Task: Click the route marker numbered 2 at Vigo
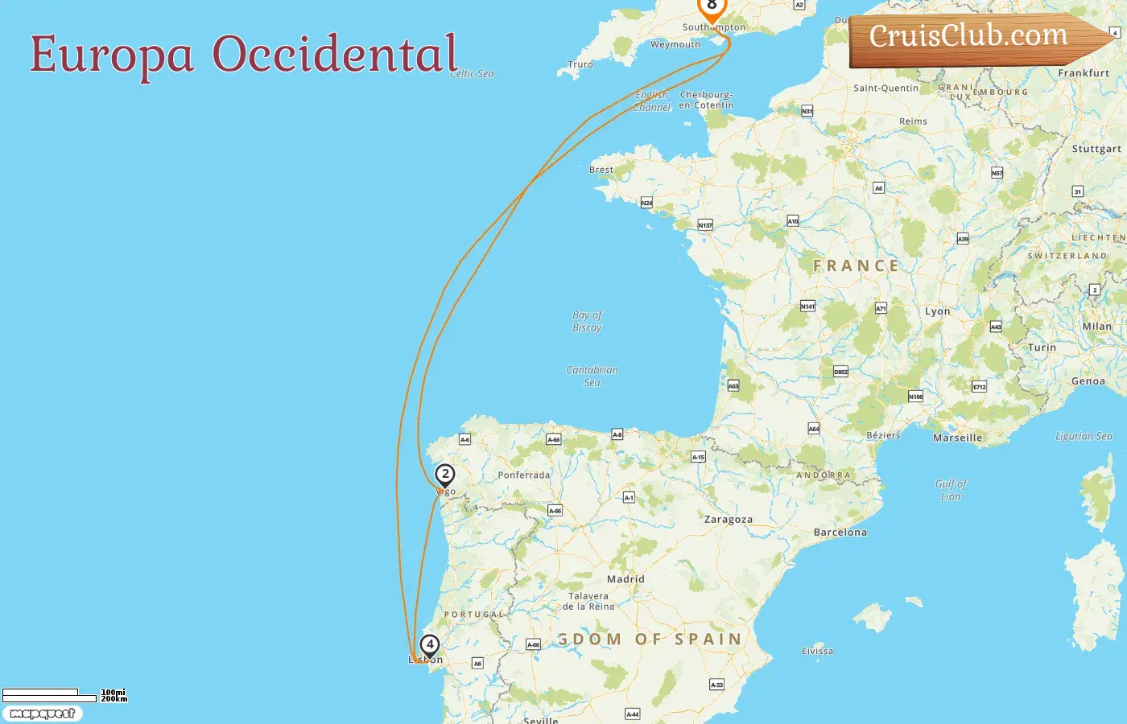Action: (x=444, y=475)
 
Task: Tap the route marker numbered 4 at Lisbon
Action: (x=430, y=644)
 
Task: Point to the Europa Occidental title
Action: (x=243, y=55)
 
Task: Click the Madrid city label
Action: (x=625, y=579)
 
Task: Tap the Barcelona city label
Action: (x=840, y=533)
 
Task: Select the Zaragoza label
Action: (x=728, y=520)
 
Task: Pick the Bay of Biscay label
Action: (x=587, y=321)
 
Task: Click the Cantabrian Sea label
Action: (x=592, y=376)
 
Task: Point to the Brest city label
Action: (x=601, y=170)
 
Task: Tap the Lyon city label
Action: (x=937, y=311)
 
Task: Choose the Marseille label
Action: (x=957, y=438)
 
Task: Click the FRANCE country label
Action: (x=855, y=266)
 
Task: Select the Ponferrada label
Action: (x=523, y=475)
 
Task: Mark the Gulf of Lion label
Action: (x=951, y=490)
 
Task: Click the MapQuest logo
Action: (x=42, y=714)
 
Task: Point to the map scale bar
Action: (x=50, y=695)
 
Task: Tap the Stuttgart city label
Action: (x=1096, y=149)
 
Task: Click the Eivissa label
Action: (x=817, y=652)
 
